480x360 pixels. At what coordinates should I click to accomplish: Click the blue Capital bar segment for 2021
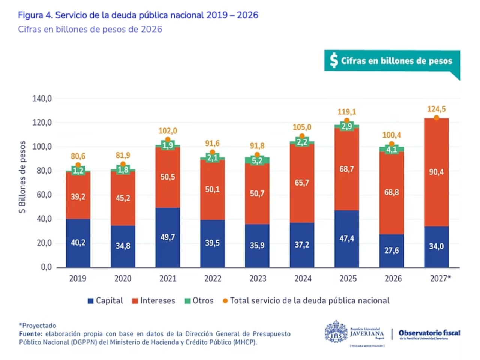tap(168, 237)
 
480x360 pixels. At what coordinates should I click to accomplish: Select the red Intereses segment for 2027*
tap(436, 172)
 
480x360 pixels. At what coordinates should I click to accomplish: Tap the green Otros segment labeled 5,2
tap(257, 161)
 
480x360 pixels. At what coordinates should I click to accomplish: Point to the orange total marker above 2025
tap(347, 121)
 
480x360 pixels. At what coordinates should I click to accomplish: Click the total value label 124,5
tap(436, 109)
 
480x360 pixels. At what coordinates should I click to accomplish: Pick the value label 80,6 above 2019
tap(78, 156)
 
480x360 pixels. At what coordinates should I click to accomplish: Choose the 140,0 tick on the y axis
tap(42, 99)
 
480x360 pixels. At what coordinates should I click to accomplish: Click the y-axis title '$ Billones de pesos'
tap(23, 177)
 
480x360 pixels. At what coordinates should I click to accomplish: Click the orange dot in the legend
tap(225, 301)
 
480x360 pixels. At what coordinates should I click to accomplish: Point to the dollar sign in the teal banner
tap(333, 60)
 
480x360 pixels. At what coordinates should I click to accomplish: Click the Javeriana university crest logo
tap(336, 332)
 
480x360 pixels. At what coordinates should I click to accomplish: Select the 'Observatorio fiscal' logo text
tap(429, 333)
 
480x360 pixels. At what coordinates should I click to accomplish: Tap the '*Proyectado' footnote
tap(37, 325)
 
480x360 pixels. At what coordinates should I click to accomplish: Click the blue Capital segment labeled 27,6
tap(391, 250)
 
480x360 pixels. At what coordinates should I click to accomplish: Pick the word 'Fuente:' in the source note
tap(31, 334)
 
